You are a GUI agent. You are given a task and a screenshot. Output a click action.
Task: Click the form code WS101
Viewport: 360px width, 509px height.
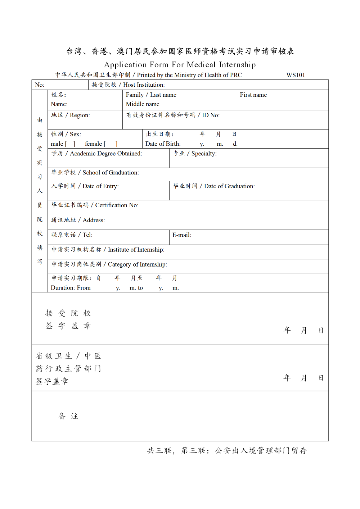(x=296, y=75)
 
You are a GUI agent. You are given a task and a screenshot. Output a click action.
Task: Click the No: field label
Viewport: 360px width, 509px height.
(x=40, y=85)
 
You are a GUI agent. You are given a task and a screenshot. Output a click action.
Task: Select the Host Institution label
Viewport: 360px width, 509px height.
(x=144, y=85)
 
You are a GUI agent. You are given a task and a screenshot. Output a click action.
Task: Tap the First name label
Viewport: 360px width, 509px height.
(x=253, y=95)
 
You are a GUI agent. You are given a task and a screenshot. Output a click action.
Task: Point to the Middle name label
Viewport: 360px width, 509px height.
(x=143, y=104)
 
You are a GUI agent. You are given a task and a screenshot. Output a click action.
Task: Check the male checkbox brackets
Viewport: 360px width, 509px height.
(x=70, y=144)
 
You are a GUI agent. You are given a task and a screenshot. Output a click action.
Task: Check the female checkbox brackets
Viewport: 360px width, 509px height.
(x=111, y=144)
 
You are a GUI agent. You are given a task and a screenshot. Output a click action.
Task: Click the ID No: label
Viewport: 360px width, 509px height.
(x=211, y=115)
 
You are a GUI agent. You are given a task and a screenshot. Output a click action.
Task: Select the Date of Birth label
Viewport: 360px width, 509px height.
(x=163, y=144)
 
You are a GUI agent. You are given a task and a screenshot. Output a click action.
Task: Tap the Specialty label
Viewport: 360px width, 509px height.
(x=204, y=154)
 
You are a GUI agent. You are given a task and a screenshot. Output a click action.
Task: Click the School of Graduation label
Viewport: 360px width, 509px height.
(x=111, y=173)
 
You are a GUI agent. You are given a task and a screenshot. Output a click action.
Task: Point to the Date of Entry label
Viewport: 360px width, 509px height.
(x=100, y=186)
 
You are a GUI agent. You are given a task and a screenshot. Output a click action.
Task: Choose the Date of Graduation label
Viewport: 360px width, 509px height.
(x=229, y=186)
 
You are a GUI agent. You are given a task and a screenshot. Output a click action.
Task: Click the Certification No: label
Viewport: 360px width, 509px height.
(x=117, y=205)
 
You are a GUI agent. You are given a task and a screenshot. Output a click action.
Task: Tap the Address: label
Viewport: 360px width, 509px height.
(x=94, y=221)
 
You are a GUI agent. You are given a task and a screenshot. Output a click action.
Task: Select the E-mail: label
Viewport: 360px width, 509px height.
(x=182, y=235)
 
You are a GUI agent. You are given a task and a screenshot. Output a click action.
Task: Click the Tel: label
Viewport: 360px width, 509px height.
(x=87, y=235)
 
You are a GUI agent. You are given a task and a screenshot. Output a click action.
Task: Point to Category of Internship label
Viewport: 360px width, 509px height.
(x=137, y=265)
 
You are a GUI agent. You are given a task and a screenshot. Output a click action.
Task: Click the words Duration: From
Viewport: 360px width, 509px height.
(x=71, y=288)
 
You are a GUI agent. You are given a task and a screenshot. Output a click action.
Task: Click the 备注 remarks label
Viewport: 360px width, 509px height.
(x=68, y=416)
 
